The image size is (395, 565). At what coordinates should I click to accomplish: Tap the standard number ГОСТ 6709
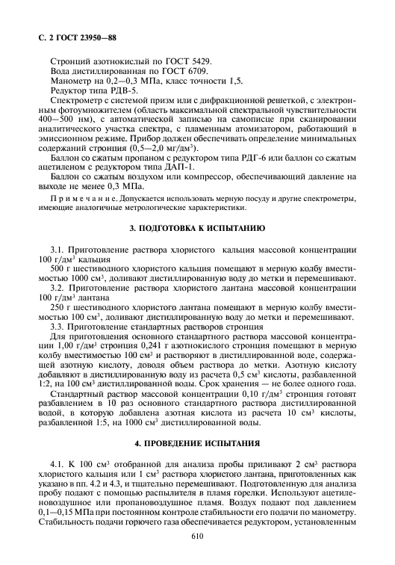[179, 70]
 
